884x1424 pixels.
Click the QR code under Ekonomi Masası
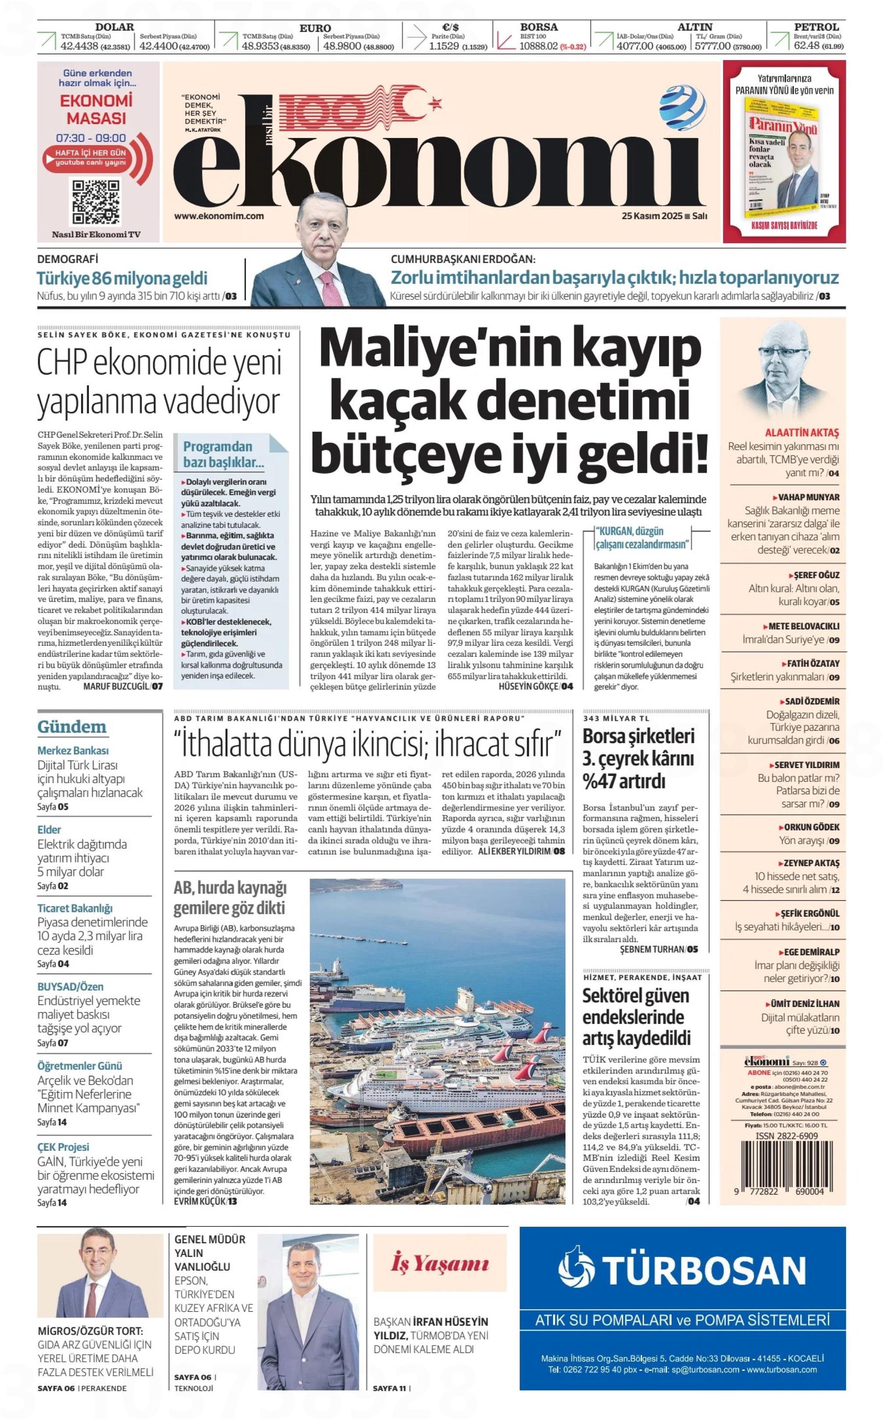coord(96,203)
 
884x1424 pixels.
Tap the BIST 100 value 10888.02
coord(539,47)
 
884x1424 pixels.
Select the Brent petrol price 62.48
coord(806,46)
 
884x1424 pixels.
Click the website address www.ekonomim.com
coord(219,216)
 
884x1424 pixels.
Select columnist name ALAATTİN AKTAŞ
coord(802,433)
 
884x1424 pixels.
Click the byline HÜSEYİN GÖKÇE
coord(528,687)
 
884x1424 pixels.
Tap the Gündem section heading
coord(72,727)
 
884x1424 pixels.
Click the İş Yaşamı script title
coord(440,1264)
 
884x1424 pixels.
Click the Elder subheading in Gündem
coord(49,829)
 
